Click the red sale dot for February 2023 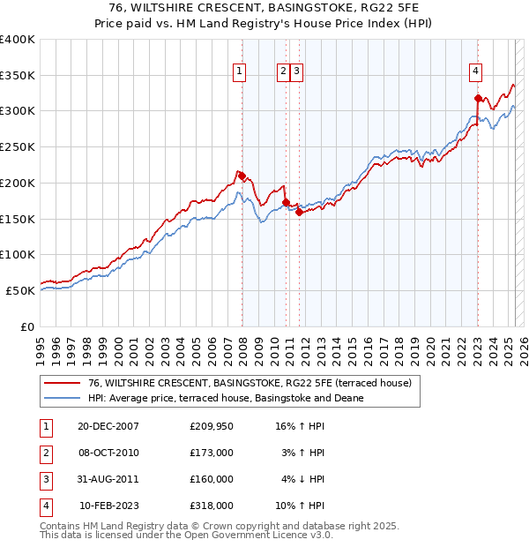(x=478, y=98)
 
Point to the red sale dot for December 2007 (x=242, y=176)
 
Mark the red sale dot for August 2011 (x=299, y=212)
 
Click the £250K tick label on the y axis (x=18, y=147)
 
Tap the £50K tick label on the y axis (x=21, y=290)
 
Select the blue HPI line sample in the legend (x=62, y=399)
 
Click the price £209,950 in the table (x=212, y=426)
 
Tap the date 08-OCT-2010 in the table (x=108, y=453)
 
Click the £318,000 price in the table (x=212, y=506)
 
